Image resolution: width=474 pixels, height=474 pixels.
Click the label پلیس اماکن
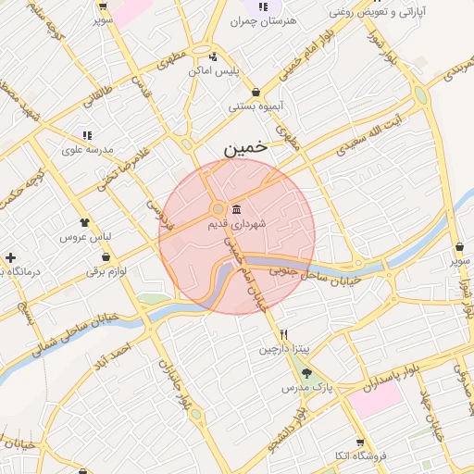coord(214,70)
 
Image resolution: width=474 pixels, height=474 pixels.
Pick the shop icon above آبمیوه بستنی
coord(255,92)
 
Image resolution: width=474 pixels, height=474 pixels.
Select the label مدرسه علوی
coord(87,148)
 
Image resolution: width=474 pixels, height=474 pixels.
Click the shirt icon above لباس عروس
coord(85,222)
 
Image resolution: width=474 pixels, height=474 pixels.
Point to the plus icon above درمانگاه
coord(10,257)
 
